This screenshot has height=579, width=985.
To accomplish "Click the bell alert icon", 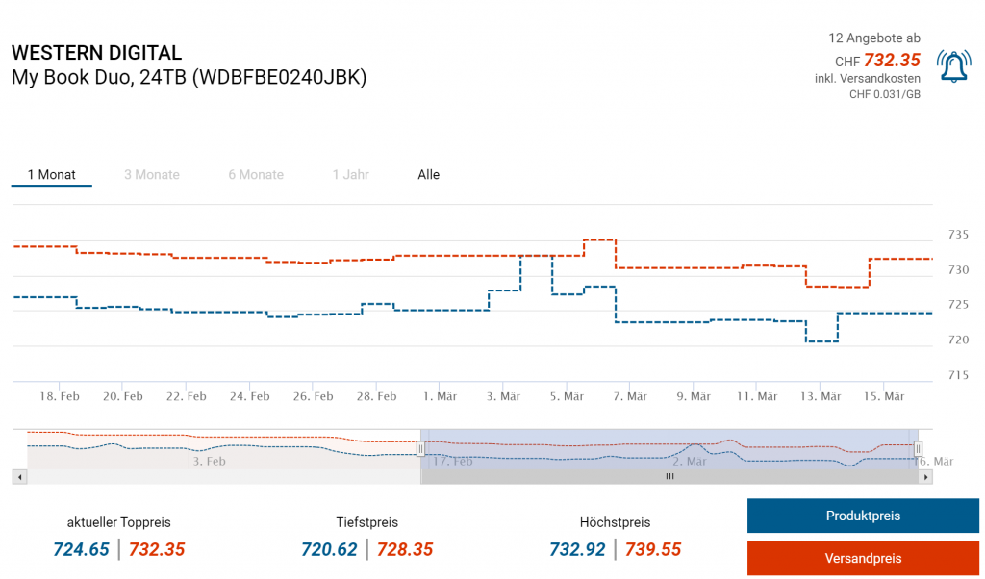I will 953,65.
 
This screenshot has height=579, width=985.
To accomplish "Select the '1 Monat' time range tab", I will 52,175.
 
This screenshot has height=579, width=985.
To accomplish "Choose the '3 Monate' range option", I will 152,175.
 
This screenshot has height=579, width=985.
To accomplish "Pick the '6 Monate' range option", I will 256,175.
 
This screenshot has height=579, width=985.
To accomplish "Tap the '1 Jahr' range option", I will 350,175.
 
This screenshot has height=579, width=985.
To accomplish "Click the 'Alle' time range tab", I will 428,175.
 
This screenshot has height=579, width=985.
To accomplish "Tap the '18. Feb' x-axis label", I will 59,396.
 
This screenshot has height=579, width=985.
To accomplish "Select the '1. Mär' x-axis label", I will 440,396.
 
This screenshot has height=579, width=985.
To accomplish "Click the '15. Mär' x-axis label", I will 884,396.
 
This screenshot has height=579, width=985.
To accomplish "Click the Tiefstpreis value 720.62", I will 329,550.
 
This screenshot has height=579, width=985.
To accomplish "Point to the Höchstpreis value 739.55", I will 653,550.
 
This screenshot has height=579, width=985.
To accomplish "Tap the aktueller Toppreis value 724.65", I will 81,550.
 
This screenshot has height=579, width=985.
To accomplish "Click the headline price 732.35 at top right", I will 892,60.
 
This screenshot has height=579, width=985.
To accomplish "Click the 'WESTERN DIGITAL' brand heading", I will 96,53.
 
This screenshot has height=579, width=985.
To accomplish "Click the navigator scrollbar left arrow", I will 18,476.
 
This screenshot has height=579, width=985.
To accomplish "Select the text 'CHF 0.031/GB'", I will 884,94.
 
